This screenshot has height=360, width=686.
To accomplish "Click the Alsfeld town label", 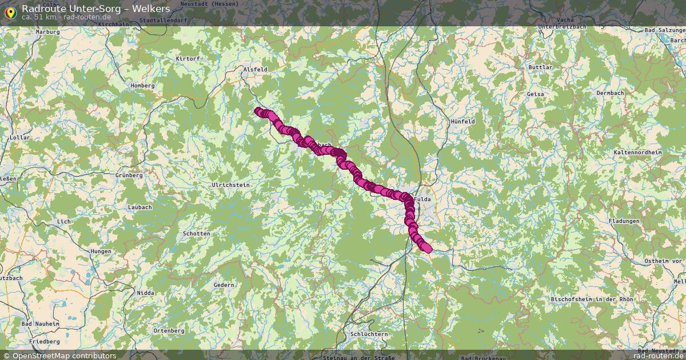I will (x=256, y=69).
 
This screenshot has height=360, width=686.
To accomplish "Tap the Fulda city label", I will (x=422, y=199).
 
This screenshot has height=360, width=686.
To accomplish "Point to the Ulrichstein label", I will (x=231, y=185).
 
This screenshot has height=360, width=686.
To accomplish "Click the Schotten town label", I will (x=196, y=234).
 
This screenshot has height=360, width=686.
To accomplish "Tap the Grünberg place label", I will (x=129, y=175).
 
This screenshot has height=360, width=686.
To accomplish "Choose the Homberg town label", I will (x=143, y=86).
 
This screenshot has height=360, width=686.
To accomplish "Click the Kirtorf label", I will (x=188, y=59).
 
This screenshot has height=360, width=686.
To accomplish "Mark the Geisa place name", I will (x=535, y=94).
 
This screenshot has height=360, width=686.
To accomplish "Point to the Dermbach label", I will (x=610, y=93).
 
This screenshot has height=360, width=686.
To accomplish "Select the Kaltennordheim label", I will (x=637, y=153).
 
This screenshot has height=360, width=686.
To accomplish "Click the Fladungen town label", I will (x=624, y=221).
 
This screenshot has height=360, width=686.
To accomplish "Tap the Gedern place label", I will (x=224, y=285).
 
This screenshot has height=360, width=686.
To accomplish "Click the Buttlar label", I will (x=540, y=67).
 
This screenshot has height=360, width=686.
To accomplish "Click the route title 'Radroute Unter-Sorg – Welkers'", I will (x=95, y=9).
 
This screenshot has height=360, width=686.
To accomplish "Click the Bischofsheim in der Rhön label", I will (x=592, y=299).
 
